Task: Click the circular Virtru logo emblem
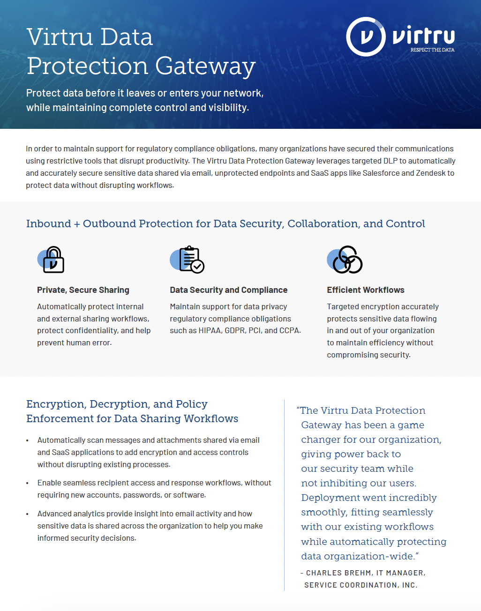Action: (366, 37)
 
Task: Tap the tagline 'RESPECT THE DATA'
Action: (432, 50)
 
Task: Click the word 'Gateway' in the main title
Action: (205, 66)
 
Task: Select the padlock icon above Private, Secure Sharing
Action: (52, 260)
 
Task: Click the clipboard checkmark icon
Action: (189, 259)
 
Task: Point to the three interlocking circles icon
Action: (346, 260)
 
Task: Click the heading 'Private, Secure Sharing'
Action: (83, 290)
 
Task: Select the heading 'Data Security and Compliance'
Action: (228, 290)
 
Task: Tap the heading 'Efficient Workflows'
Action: (365, 290)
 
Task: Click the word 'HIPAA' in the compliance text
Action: (210, 330)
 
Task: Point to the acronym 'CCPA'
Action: (289, 330)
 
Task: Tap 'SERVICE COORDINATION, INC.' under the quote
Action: (361, 585)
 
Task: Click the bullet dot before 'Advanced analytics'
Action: (28, 514)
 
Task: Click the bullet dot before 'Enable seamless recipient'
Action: (28, 483)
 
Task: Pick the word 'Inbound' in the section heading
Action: (48, 224)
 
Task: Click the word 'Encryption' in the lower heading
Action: (55, 404)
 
